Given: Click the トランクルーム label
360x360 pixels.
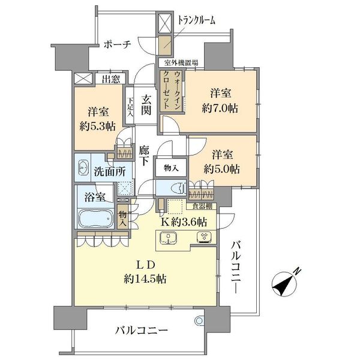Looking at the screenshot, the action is (197, 20).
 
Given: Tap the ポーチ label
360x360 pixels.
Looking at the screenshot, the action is (118, 44).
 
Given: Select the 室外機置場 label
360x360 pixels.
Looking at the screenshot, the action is (181, 62).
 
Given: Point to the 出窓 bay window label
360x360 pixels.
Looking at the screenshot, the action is (111, 79).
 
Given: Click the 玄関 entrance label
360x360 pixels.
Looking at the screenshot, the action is (146, 105).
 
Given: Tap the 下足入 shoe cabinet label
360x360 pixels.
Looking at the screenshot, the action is (130, 107).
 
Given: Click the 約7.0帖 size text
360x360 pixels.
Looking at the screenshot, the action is (220, 109).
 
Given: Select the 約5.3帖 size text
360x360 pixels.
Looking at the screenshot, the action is (98, 126).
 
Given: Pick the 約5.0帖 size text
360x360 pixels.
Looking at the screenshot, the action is (222, 169).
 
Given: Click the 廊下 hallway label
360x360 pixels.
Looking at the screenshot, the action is (144, 156).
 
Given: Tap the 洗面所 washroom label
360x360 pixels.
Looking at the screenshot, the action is (110, 172).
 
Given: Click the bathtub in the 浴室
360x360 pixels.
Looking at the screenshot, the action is (95, 218).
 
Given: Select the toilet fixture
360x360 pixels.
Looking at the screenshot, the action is (178, 188).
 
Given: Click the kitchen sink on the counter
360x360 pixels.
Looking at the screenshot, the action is (169, 238).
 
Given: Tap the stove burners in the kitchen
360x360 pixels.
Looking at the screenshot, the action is (205, 237).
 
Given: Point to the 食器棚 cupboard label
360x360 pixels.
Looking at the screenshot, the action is (202, 206).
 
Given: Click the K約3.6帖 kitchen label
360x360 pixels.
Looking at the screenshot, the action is (184, 222).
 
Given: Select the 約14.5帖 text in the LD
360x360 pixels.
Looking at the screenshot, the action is (145, 279).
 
